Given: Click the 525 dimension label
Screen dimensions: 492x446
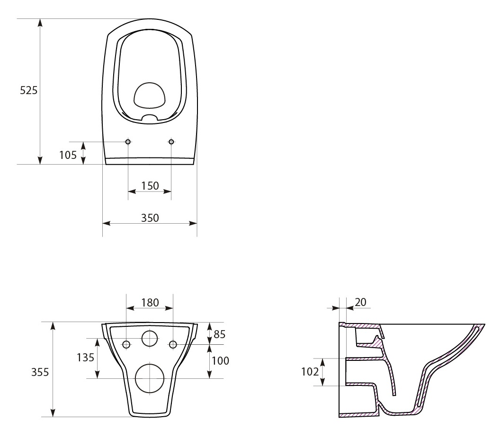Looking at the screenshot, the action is point(28,90).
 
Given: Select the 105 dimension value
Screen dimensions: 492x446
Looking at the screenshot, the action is point(68,155).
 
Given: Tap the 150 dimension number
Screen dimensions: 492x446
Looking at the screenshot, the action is point(150,186).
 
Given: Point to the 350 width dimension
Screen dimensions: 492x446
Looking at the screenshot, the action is point(150,218).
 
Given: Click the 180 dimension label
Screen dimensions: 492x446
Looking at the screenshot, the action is point(150,302).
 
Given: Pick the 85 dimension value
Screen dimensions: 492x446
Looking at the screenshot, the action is point(220,334).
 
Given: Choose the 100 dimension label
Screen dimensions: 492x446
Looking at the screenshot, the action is point(220,361).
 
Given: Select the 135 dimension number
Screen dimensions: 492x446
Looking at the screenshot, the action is point(85,357).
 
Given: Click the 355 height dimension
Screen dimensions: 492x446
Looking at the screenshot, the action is point(40,372).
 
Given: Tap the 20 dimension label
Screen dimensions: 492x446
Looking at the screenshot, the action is point(360,302).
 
